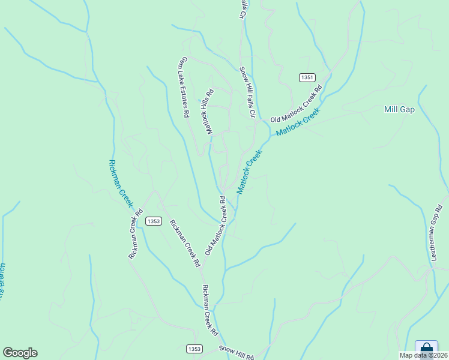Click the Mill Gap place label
click(399, 110)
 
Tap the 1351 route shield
click(307, 77)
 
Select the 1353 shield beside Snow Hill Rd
click(193, 349)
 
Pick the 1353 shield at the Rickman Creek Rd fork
click(153, 221)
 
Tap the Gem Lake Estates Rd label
click(183, 87)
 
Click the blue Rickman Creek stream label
click(120, 183)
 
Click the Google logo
click(20, 353)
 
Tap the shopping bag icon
click(426, 348)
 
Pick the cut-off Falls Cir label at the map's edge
click(244, 10)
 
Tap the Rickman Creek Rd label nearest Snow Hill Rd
click(209, 310)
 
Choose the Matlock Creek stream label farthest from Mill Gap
click(250, 172)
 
